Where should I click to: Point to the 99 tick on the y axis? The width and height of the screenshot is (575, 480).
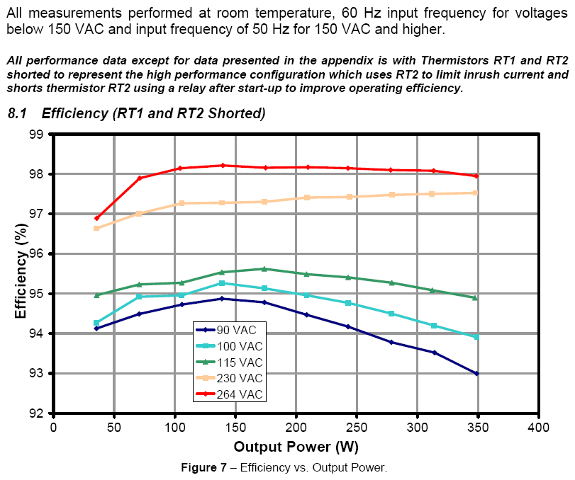click(x=36, y=135)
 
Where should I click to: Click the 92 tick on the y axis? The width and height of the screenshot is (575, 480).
click(x=36, y=413)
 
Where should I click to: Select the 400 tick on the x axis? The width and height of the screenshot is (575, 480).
click(x=538, y=428)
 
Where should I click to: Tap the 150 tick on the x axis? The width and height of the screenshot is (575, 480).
click(x=235, y=428)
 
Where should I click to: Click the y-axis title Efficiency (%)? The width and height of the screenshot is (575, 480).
click(x=21, y=274)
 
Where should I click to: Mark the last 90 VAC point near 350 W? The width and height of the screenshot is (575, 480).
click(x=476, y=373)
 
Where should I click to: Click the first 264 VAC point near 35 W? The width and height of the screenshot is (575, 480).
click(x=96, y=218)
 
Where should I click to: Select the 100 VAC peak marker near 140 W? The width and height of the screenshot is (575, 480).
click(x=222, y=283)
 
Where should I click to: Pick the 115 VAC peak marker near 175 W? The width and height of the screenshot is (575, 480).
click(x=264, y=269)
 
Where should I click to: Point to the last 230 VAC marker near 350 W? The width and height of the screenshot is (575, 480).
click(x=476, y=193)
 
